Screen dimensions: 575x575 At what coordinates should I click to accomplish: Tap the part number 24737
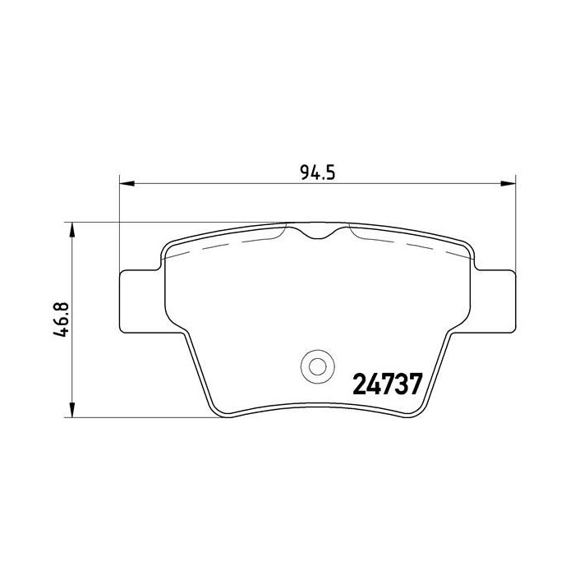(x=387, y=384)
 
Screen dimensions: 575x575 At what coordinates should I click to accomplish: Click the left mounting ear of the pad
(x=140, y=301)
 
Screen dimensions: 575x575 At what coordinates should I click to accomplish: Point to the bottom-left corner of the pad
(x=215, y=408)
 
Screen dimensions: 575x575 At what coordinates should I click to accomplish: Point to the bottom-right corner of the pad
(x=419, y=408)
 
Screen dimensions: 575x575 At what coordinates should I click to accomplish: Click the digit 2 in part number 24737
(x=360, y=384)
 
